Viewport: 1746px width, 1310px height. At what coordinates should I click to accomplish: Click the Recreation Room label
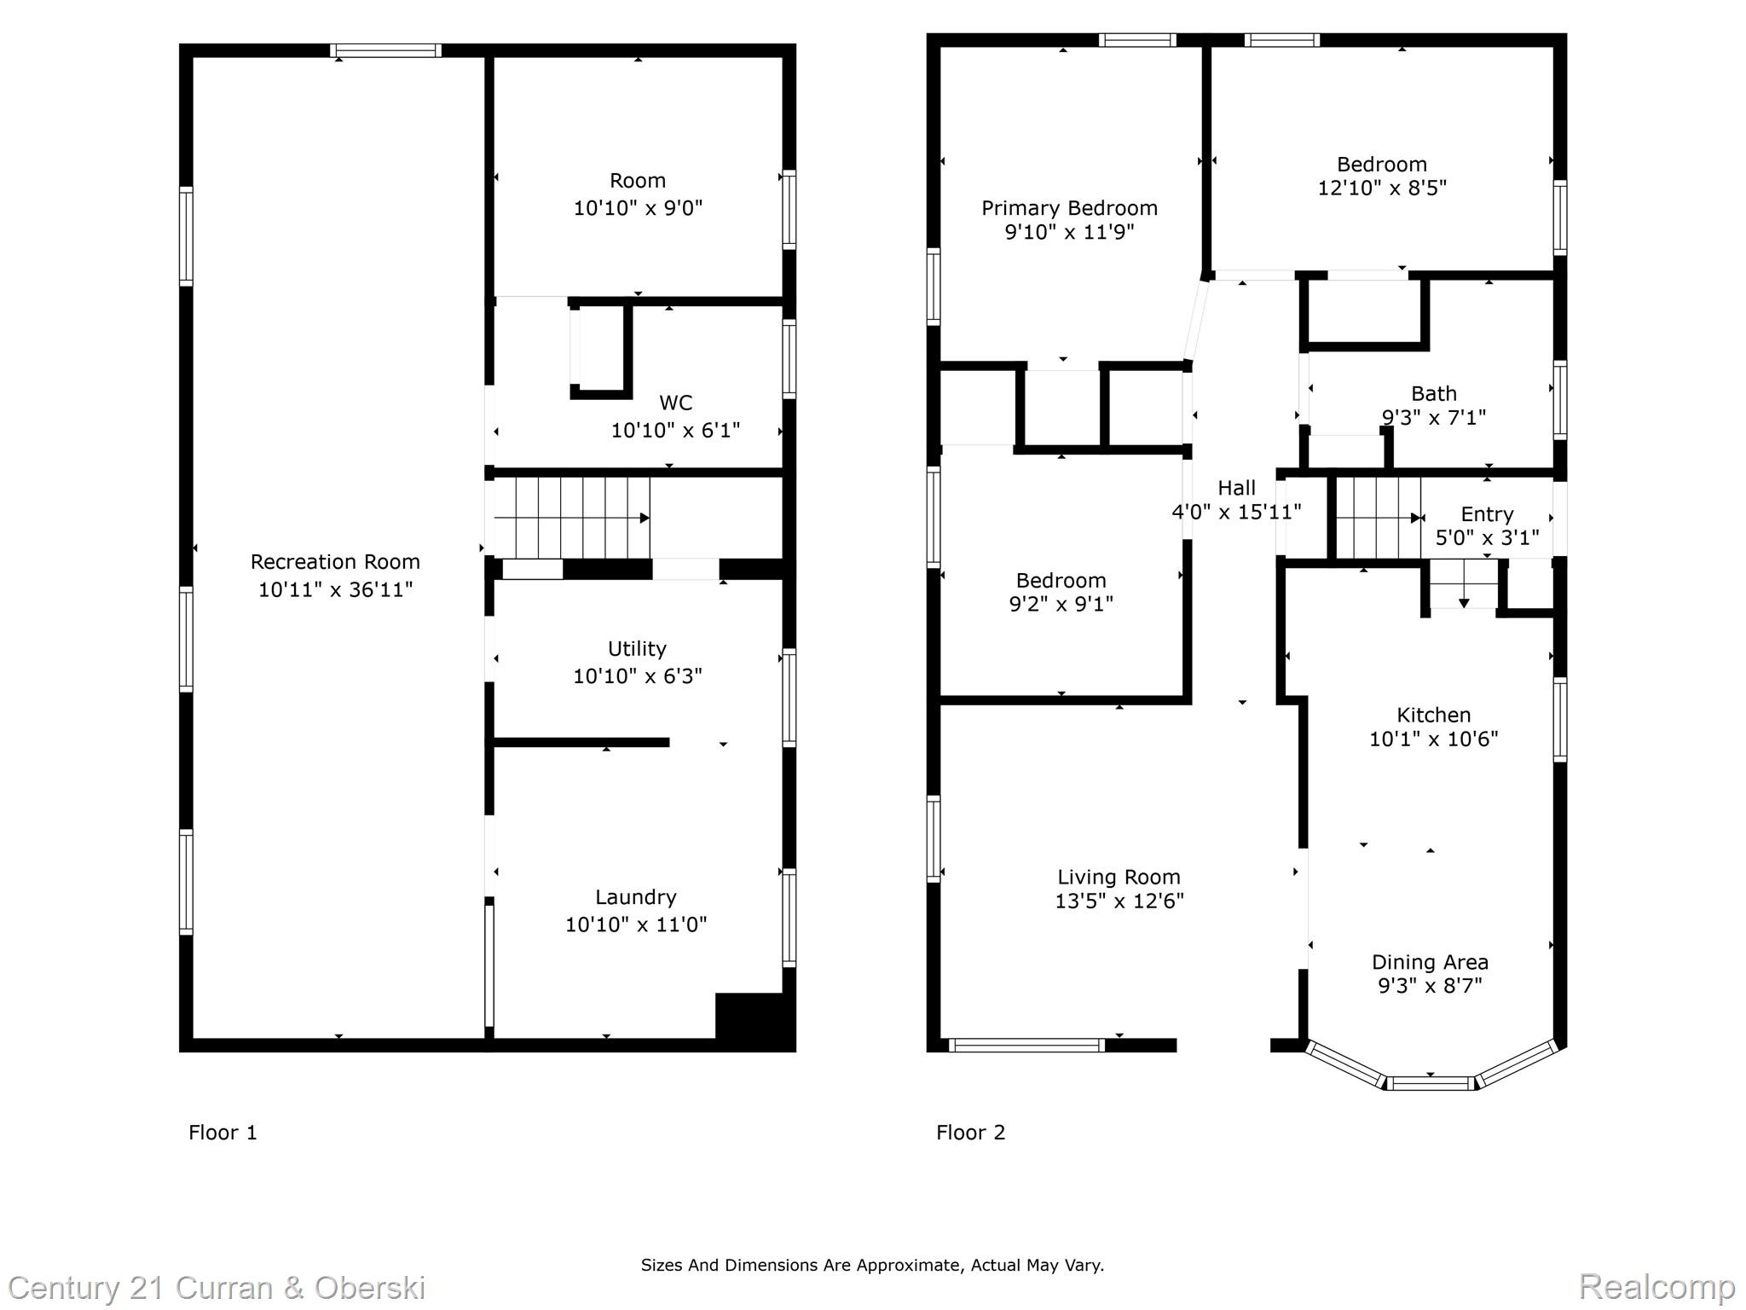pos(335,562)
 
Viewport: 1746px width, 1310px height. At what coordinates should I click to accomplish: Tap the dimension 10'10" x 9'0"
pos(638,208)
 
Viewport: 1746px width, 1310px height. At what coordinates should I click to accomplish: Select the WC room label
pos(675,403)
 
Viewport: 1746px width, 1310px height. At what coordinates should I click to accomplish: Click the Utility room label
pos(637,649)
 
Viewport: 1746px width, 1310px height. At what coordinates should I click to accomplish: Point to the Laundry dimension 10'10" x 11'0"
pos(636,925)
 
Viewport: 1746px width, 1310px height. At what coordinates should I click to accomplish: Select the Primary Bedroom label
pos(1069,208)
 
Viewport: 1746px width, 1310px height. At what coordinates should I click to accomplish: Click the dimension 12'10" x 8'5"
pos(1382,188)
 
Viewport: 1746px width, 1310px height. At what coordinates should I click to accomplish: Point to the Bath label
pos(1433,394)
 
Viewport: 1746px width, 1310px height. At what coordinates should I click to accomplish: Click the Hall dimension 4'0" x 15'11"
pos(1236,512)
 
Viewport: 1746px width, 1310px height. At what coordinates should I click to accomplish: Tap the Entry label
pos(1487,514)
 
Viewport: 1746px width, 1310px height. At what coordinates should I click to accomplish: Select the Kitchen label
pos(1433,716)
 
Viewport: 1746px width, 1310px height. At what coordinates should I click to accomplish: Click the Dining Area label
pos(1430,962)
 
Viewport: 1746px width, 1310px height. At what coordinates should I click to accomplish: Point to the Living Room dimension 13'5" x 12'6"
pos(1119,901)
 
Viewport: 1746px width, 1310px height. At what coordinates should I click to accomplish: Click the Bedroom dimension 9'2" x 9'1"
pos(1061,605)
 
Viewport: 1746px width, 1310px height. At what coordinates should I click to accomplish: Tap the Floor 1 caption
pos(223,1133)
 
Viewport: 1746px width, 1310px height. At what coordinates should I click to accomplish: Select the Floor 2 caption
pos(970,1133)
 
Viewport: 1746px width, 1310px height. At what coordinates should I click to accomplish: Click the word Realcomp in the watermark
pos(1656,1286)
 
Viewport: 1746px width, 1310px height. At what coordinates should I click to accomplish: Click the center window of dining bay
pos(1430,1084)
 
